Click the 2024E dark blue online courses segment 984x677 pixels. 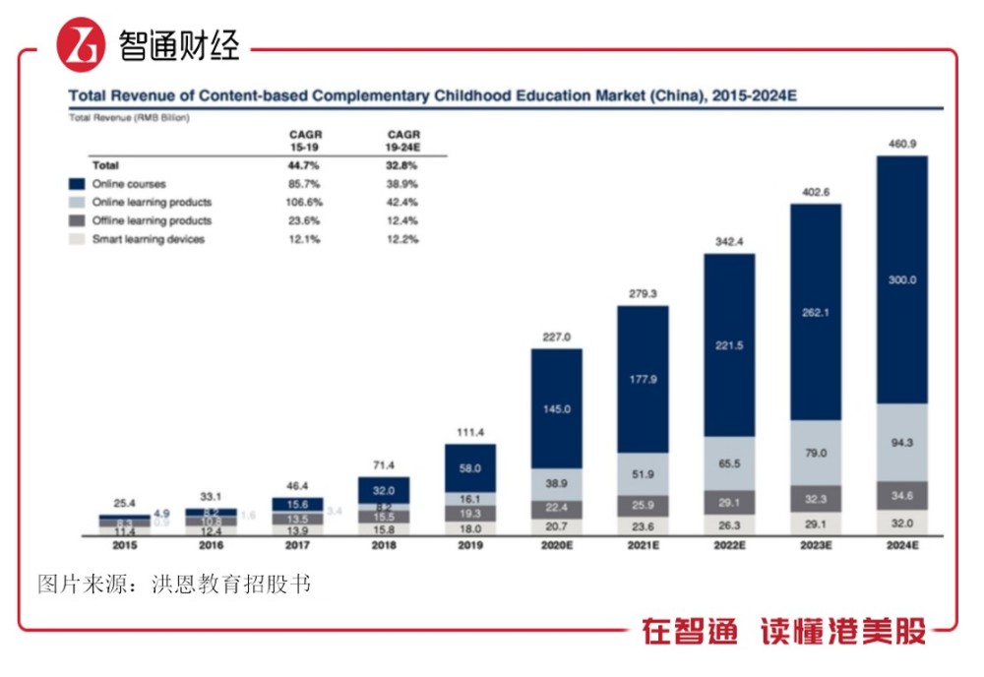(901, 279)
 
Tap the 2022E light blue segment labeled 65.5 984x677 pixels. (729, 462)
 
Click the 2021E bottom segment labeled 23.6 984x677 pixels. (643, 525)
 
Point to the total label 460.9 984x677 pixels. (901, 145)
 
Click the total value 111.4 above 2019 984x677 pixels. (469, 433)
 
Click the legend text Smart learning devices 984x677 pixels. (149, 239)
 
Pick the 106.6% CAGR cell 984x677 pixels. (306, 203)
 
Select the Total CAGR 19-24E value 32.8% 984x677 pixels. (401, 165)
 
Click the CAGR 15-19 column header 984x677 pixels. (306, 140)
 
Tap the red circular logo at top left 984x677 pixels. (81, 46)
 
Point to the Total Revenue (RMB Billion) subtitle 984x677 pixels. (128, 118)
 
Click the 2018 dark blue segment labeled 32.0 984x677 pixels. (383, 489)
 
